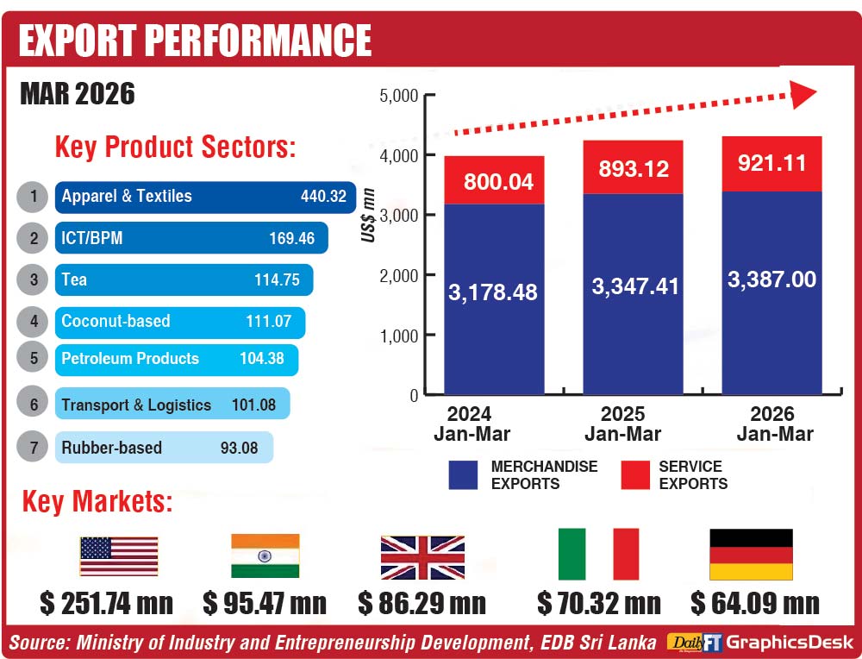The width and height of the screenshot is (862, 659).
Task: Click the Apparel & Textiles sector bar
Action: [205, 197]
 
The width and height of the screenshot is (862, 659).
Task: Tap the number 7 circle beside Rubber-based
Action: [33, 448]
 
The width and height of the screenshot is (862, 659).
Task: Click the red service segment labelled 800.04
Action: [494, 180]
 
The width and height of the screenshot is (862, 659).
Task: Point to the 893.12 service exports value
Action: [633, 169]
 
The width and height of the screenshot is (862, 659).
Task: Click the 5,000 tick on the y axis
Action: [398, 96]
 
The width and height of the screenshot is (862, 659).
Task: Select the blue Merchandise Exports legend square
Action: [463, 475]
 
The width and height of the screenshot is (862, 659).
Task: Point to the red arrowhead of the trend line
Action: [803, 94]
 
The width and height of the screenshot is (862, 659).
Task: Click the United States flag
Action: [119, 556]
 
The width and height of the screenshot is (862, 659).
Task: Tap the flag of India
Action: [265, 556]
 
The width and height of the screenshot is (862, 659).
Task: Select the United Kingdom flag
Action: [422, 557]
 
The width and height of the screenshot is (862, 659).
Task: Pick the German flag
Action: [750, 555]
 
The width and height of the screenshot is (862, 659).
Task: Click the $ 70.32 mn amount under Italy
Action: [598, 603]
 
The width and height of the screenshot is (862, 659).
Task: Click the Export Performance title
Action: [195, 40]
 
